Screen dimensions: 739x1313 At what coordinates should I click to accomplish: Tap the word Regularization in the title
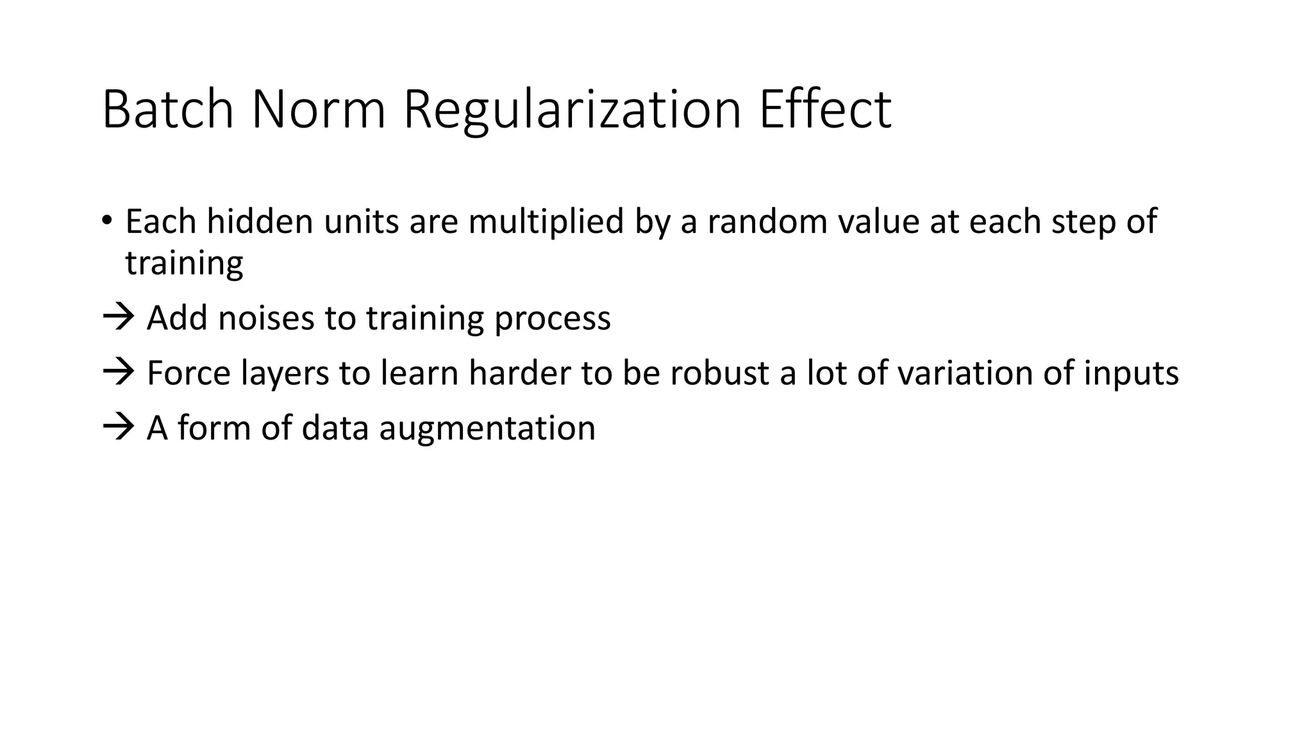[572, 110]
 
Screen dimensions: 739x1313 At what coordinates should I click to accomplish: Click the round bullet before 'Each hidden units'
[106, 220]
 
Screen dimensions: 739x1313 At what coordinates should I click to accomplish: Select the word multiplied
[546, 223]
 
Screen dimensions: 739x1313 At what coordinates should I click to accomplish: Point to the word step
[1079, 223]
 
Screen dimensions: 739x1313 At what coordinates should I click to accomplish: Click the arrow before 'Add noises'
[118, 317]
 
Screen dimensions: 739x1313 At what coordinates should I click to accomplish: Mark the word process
[552, 319]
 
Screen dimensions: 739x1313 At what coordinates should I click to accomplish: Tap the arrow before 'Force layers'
[118, 372]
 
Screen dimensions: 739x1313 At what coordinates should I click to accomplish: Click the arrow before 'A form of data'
[118, 427]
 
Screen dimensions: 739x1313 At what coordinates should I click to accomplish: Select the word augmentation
[487, 429]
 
